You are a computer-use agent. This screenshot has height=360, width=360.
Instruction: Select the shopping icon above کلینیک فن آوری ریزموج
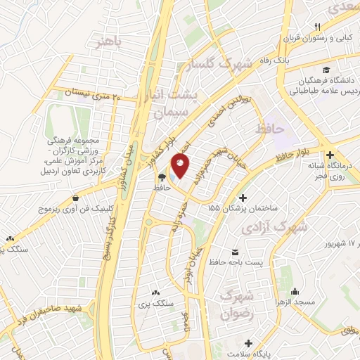click(x=75, y=179)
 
